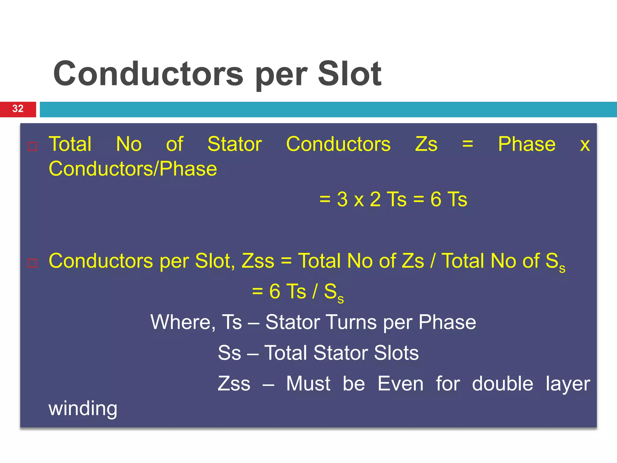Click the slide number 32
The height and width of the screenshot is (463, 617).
[18, 109]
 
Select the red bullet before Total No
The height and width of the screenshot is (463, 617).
[32, 146]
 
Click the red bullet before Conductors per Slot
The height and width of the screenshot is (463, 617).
[32, 263]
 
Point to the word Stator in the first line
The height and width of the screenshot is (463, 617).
[234, 144]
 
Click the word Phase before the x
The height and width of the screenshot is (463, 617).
[527, 144]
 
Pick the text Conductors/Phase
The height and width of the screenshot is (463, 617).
[133, 169]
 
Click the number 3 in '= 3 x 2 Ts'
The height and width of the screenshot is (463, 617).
[342, 199]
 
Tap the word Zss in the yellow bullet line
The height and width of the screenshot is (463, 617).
[258, 261]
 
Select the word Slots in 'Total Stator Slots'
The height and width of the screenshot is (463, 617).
[396, 353]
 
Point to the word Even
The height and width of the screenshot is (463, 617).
[400, 384]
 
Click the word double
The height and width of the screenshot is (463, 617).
[502, 384]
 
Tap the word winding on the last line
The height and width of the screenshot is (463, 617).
[83, 408]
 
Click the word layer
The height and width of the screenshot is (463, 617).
[568, 384]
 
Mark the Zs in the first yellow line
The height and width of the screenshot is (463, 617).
[426, 144]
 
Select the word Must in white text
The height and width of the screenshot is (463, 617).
[308, 384]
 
